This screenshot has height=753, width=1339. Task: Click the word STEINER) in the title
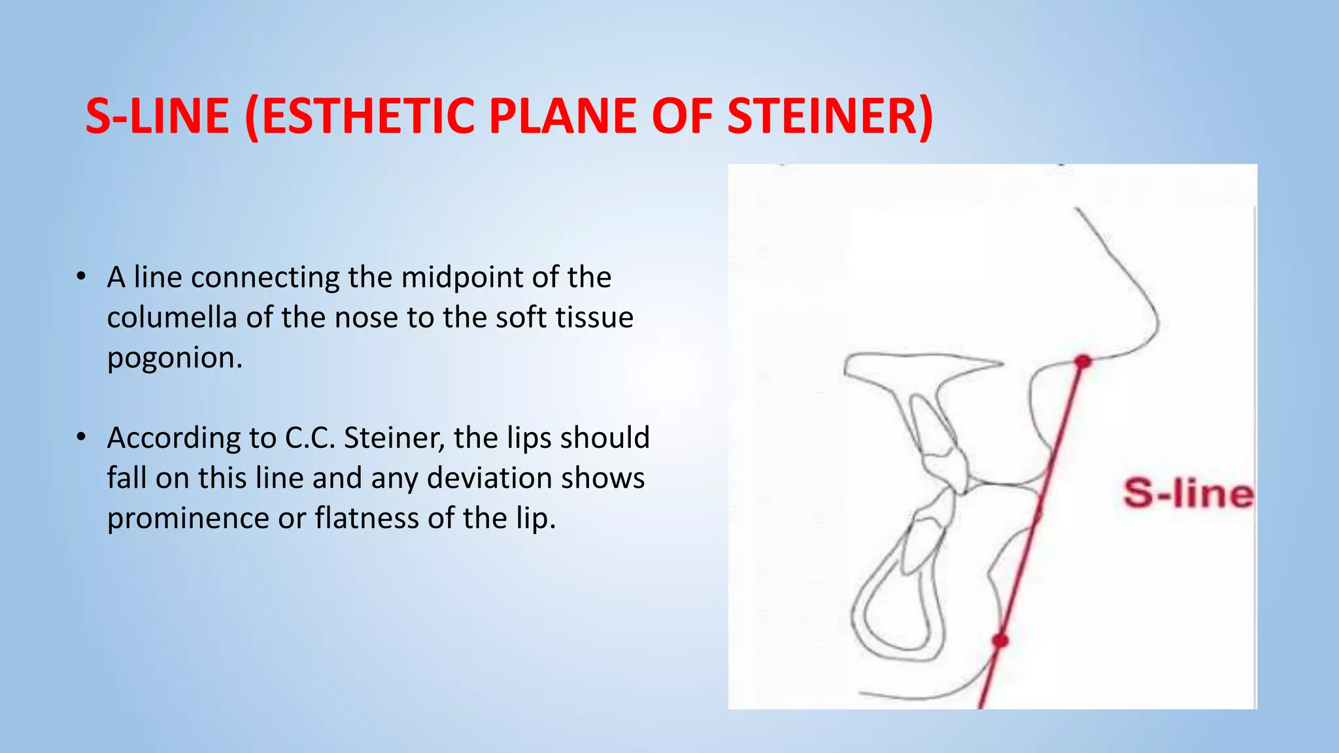tap(830, 116)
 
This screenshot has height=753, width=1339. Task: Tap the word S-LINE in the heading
tap(158, 116)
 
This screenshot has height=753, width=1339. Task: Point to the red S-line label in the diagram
tap(1188, 494)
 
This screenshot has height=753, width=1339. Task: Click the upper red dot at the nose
tap(1083, 361)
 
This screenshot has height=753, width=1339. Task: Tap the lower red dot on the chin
tap(1000, 640)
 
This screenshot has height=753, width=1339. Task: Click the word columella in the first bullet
tap(171, 318)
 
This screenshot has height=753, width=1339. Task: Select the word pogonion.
tap(175, 358)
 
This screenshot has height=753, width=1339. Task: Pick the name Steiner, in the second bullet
tap(394, 438)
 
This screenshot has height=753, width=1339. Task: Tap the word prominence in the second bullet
tap(188, 518)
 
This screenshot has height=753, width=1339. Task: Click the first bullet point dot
tap(80, 276)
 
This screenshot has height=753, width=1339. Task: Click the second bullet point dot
tap(80, 437)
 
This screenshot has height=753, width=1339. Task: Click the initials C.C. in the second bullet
tap(310, 438)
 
